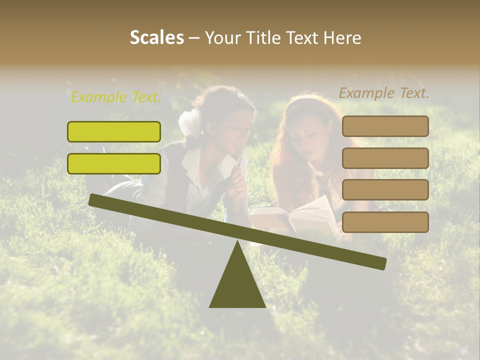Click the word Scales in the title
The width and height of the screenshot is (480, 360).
pos(156,37)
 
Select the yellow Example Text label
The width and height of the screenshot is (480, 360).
pos(116,97)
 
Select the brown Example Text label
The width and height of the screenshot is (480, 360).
pos(384,93)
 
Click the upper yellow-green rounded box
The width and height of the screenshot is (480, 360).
pos(114,131)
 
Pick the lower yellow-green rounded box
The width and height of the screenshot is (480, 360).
pos(114,163)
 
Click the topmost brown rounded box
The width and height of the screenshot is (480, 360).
pos(385,126)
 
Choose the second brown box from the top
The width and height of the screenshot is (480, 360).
pos(385,158)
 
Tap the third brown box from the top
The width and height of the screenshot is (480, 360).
pos(385,189)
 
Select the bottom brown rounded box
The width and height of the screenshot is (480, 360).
pos(385,222)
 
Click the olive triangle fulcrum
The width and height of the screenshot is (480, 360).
pos(237,285)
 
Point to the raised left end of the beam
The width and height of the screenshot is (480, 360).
pos(93,199)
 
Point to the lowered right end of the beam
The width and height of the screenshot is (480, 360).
pos(381,263)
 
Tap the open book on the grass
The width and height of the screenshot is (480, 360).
pos(295,217)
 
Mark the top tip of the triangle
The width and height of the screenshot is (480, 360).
pos(237,242)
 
